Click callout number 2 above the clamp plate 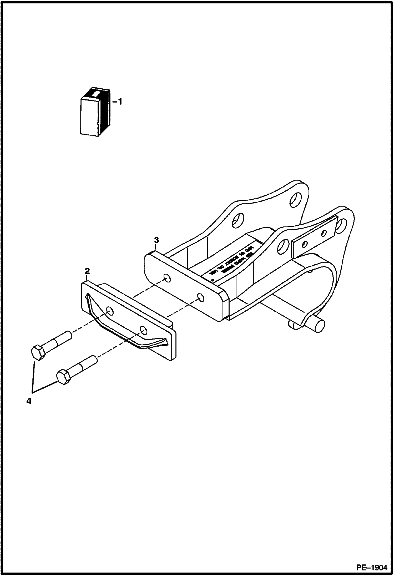(87, 271)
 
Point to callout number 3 (156, 240)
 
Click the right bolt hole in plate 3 (201, 298)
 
